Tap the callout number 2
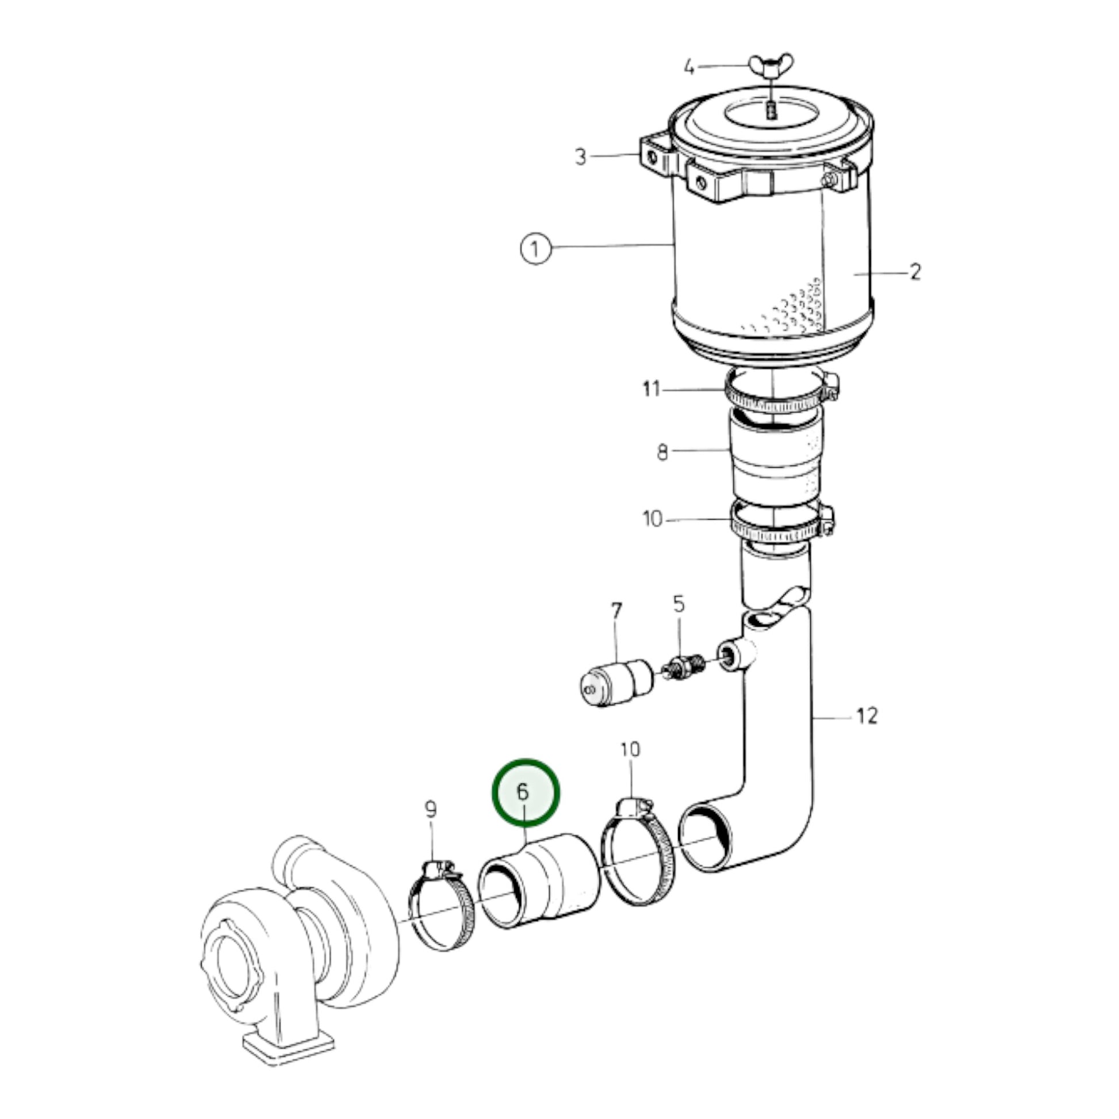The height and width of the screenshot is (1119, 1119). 914,271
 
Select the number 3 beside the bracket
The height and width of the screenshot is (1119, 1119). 581,156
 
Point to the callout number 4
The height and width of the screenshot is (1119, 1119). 689,68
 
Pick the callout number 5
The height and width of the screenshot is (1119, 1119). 678,605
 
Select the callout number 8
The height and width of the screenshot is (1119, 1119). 662,453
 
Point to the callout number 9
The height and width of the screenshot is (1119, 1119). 430,809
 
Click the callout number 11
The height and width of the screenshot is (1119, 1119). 652,389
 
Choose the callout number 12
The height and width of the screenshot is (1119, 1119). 867,716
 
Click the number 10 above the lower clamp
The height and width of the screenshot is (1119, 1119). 630,749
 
